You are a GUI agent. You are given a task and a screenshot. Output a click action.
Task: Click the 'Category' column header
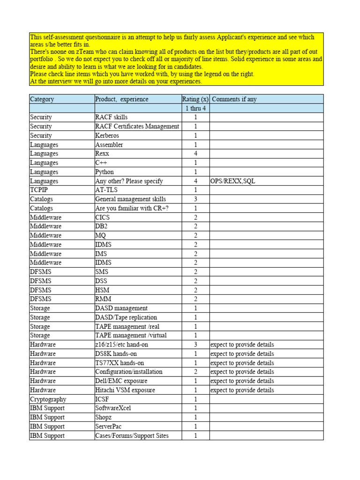pos(42,99)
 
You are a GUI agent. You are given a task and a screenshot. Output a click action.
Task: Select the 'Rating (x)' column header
pos(195,99)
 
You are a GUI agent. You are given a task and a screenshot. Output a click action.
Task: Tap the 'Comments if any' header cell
pos(234,99)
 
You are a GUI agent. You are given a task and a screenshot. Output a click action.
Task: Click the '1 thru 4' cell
pos(195,108)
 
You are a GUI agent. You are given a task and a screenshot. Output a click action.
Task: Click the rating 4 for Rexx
pos(195,154)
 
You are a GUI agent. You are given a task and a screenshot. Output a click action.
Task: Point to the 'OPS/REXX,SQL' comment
pos(233,181)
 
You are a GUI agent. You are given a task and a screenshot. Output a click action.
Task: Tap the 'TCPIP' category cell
pos(39,190)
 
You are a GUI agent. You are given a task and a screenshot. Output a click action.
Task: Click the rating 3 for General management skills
pos(195,199)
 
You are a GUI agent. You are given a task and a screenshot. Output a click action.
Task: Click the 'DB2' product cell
pos(102,226)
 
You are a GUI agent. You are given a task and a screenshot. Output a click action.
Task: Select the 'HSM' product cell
pos(102,290)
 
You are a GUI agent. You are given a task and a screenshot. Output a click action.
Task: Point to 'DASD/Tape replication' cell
pos(126,317)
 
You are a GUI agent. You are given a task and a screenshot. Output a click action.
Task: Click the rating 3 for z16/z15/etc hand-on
pos(195,345)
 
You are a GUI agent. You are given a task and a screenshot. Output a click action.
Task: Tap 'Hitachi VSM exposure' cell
pos(125,390)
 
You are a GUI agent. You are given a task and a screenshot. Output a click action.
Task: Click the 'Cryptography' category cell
pos(48,399)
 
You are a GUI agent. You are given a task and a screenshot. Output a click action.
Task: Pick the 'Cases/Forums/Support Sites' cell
pos(132,435)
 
